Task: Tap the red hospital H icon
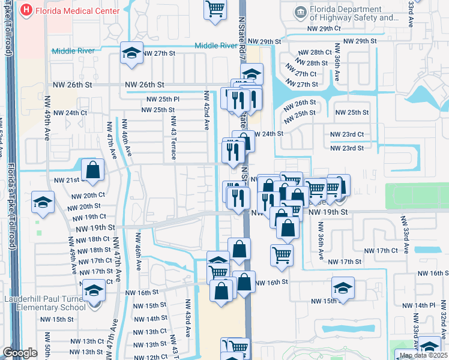[x=26, y=10]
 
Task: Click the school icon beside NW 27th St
[x=131, y=53]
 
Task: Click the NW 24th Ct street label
[x=70, y=113]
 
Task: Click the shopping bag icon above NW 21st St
[x=93, y=170]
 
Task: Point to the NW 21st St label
[x=67, y=180]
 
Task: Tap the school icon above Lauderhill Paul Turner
[x=94, y=291]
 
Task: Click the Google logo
[x=20, y=353]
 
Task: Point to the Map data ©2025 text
[x=423, y=355]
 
